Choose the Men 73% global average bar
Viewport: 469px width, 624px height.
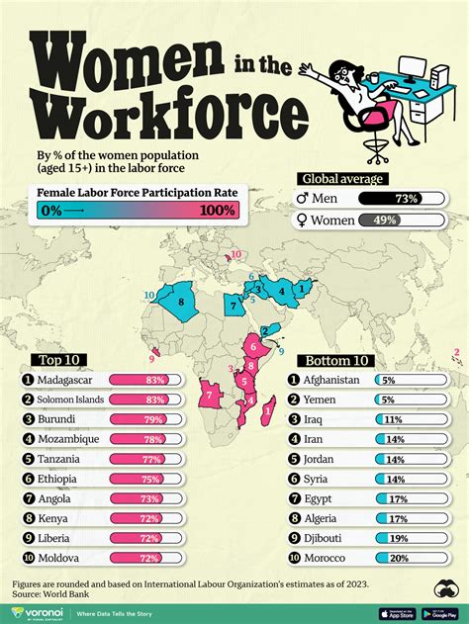click(x=394, y=199)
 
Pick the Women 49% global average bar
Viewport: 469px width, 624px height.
click(x=394, y=220)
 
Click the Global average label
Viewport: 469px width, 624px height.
click(x=338, y=179)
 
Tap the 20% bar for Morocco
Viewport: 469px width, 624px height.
click(x=406, y=556)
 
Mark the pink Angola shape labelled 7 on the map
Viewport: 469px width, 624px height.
click(x=210, y=396)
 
